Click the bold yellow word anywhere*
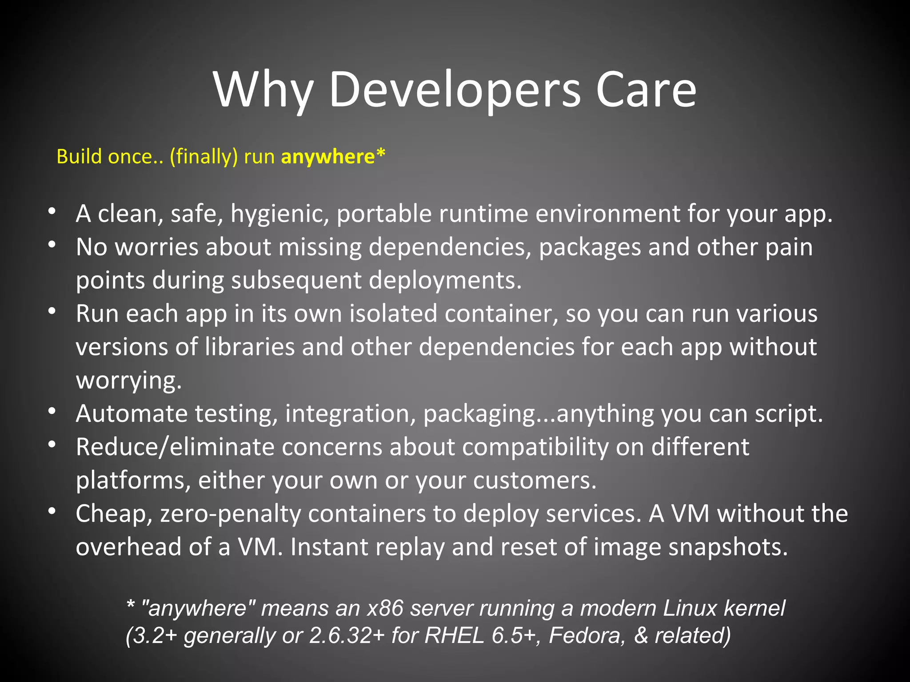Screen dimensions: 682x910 333,157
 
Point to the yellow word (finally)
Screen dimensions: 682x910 204,157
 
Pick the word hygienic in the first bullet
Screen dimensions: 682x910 279,214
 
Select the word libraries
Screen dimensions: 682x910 250,347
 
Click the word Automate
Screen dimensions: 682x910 132,414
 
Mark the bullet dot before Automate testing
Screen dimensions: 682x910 52,411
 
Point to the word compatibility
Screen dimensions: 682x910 535,447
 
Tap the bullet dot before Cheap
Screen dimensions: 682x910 52,511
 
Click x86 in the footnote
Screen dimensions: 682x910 385,608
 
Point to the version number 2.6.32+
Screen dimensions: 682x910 347,635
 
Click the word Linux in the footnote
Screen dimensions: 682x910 690,608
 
